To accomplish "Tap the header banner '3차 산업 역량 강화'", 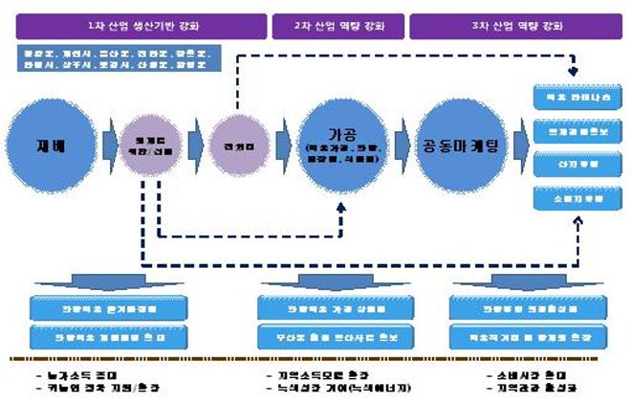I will coord(512,26).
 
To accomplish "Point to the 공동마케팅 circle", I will coord(461,145).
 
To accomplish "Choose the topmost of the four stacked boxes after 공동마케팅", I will coord(573,99).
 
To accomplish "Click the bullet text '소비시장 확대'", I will coord(516,374).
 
